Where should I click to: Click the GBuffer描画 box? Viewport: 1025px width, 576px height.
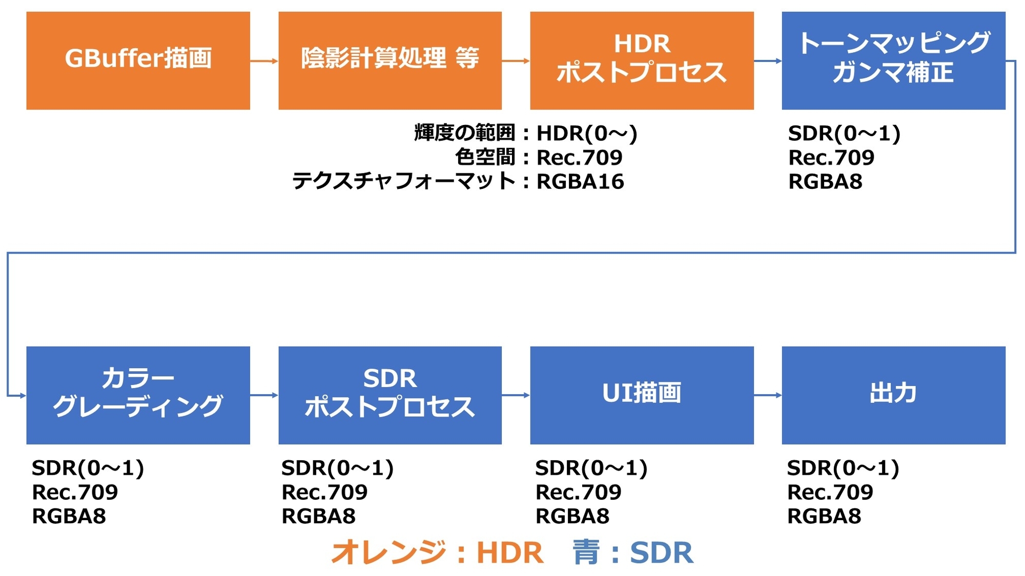138,60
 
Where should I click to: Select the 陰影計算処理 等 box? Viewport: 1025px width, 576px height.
390,60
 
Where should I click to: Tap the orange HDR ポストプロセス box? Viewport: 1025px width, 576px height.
642,60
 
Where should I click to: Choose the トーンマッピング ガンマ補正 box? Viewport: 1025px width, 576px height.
894,60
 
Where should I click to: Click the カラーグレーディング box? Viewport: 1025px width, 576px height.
138,395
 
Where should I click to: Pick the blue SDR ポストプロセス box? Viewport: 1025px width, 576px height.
390,395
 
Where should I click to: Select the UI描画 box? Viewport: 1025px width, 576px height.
642,395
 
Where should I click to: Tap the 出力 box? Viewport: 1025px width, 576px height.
894,395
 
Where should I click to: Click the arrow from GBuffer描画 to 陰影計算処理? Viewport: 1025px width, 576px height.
264,61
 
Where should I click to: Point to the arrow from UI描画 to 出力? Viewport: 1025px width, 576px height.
768,395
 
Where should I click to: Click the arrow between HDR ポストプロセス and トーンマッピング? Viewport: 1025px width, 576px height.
768,61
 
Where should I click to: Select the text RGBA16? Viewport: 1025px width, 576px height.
580,182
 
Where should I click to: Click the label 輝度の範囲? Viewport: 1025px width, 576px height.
464,133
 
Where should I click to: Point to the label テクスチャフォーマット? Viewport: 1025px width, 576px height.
403,182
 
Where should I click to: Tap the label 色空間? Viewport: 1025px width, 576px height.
485,157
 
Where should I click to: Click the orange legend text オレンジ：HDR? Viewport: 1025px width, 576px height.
437,553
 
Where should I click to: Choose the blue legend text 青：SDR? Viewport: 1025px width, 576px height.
633,553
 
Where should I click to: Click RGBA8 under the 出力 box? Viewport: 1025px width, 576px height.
824,516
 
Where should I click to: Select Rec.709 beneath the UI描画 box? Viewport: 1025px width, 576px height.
579,492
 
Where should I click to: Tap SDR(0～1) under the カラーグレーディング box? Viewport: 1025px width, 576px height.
88,468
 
